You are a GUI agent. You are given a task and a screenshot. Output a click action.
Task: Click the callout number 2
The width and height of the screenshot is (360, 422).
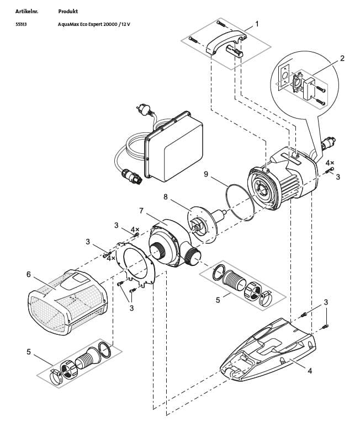(342, 57)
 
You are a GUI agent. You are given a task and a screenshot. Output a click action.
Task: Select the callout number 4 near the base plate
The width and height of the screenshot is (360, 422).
(310, 370)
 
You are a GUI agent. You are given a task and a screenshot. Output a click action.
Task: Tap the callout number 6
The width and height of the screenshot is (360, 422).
(28, 274)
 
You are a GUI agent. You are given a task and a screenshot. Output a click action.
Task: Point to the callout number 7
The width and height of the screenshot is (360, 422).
(141, 211)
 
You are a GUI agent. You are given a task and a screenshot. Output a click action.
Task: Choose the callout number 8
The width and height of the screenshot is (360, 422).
(165, 196)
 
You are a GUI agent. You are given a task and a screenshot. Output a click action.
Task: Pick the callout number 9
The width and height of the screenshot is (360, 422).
(205, 174)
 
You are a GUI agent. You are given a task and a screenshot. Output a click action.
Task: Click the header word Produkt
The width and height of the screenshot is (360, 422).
(68, 11)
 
